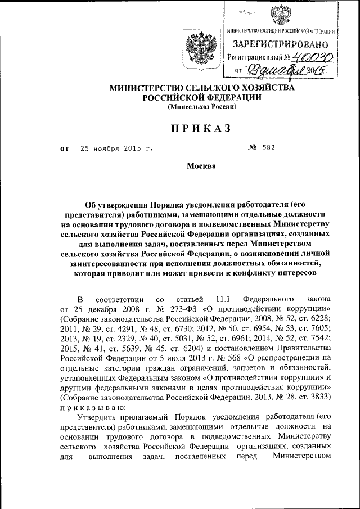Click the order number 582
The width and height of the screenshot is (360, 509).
point(268,148)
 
